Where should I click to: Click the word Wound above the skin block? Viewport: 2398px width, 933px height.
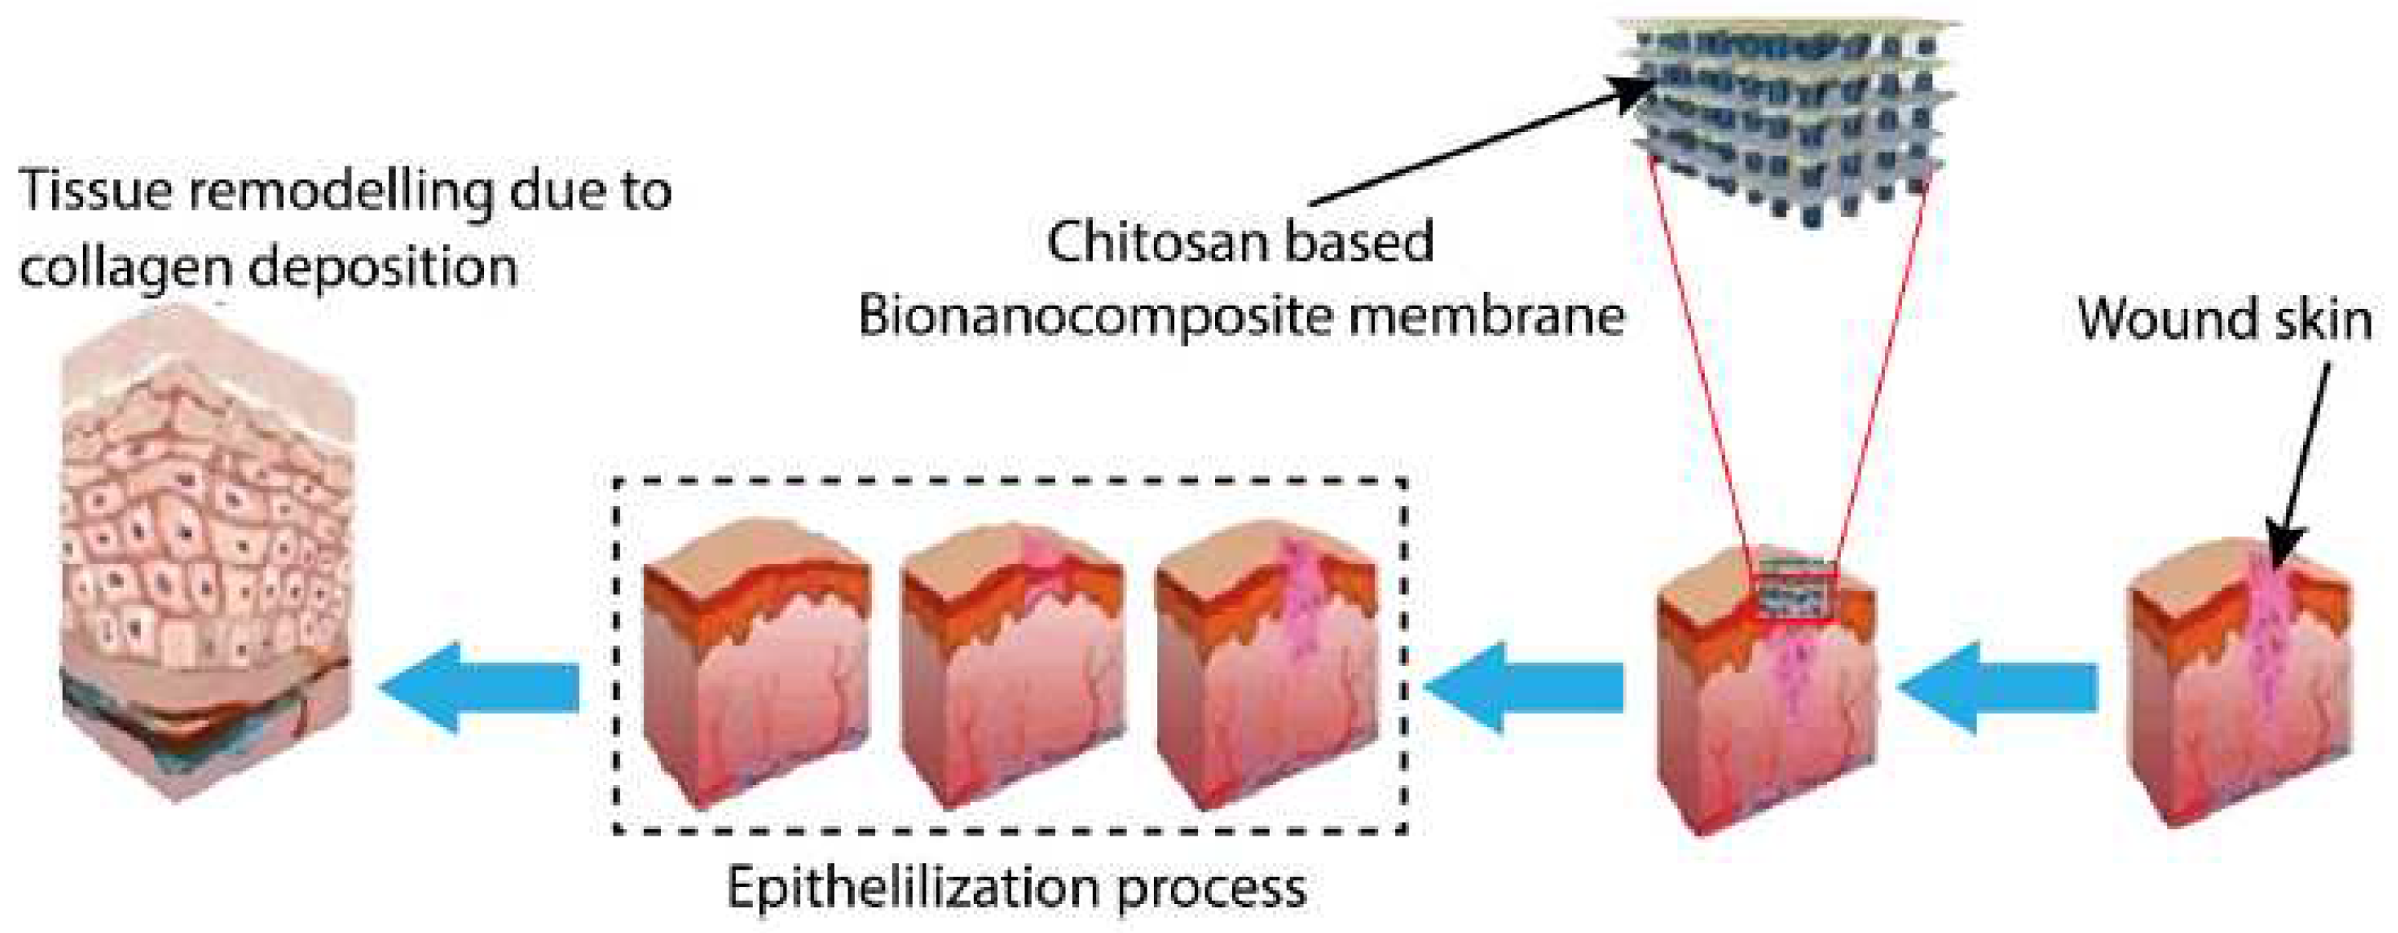coord(2161,319)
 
